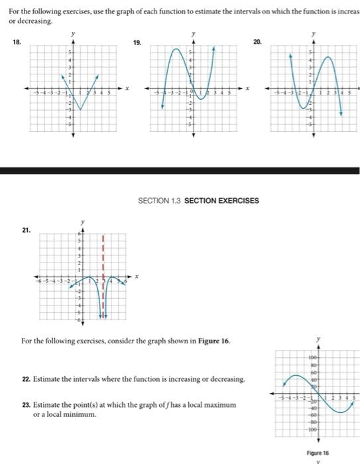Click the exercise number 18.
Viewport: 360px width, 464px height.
(15, 41)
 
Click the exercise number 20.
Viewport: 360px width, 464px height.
(258, 41)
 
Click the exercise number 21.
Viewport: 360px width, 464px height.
(26, 230)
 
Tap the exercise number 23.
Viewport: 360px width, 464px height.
(25, 404)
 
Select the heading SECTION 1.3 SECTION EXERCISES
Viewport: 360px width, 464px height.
(198, 201)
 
